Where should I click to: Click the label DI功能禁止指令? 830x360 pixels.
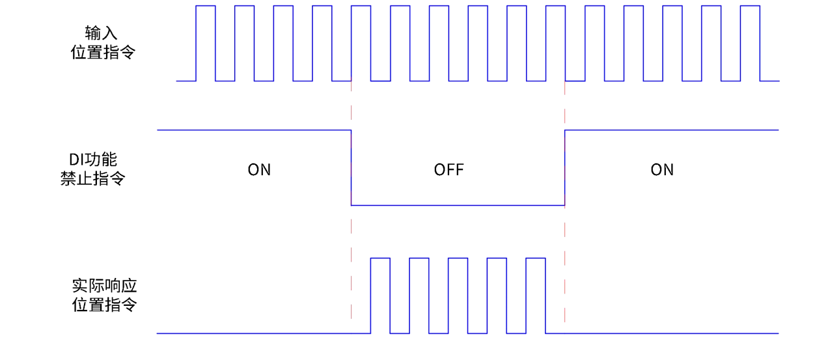(93, 169)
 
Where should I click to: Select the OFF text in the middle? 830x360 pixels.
(449, 170)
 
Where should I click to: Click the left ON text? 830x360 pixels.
(259, 170)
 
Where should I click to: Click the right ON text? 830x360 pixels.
(662, 170)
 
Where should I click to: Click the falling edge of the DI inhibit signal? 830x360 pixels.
(352, 168)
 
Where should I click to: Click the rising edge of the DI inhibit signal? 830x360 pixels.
(565, 168)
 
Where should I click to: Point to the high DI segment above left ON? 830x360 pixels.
(254, 131)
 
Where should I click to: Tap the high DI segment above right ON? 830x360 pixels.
(671, 131)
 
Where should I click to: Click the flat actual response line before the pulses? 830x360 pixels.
(260, 333)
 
